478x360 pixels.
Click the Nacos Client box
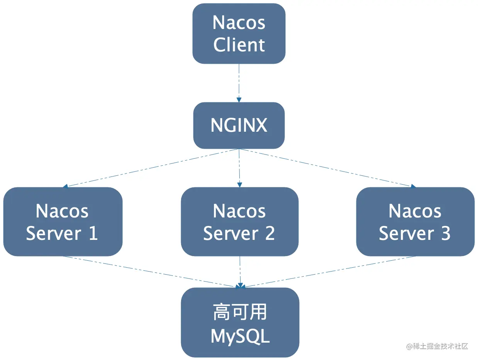(x=239, y=34)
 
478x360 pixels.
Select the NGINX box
(x=239, y=125)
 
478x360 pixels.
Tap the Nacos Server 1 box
(x=63, y=221)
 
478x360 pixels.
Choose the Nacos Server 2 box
(x=239, y=221)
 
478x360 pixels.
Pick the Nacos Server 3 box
(x=415, y=221)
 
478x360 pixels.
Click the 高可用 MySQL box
(x=240, y=322)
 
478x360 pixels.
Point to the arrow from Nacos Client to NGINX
(x=239, y=83)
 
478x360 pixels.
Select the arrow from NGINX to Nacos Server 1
(x=152, y=168)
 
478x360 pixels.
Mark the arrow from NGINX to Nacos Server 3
(x=327, y=168)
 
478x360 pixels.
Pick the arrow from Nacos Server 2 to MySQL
(x=240, y=272)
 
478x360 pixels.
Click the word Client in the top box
(x=239, y=45)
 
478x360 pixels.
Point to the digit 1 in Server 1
(x=93, y=233)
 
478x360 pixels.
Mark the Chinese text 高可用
(x=240, y=312)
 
